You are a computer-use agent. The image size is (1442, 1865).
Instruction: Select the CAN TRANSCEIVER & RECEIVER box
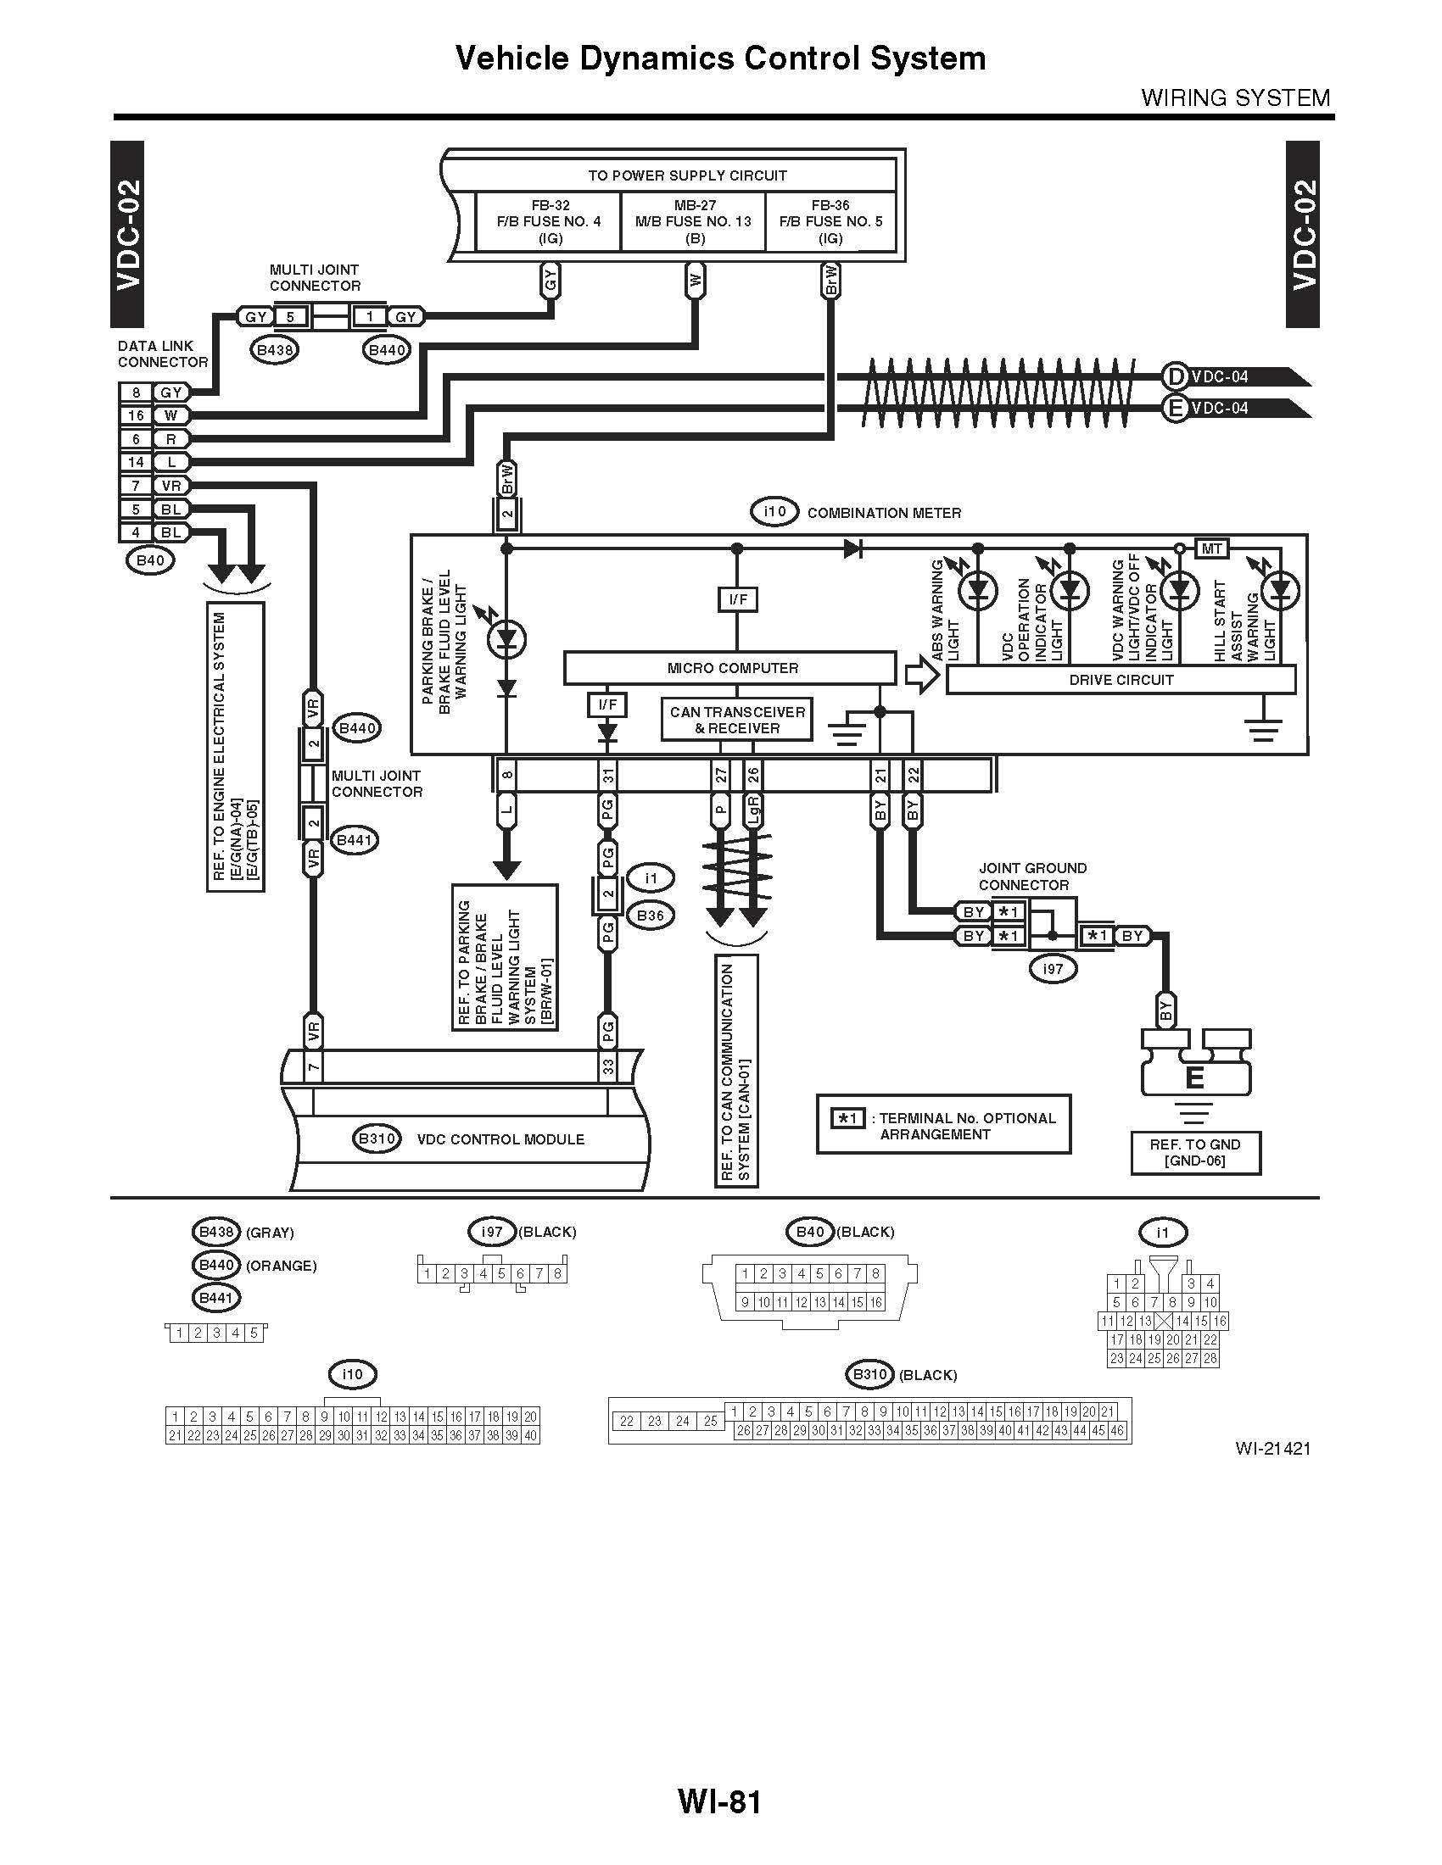click(x=736, y=720)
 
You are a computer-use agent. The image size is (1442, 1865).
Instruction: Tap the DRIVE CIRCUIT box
click(x=1121, y=680)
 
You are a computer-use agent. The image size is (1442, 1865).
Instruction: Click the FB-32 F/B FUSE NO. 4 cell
click(x=549, y=221)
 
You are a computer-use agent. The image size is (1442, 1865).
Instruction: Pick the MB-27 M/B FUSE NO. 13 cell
click(x=694, y=221)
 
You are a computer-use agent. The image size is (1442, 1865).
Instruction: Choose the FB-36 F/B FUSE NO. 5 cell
click(x=830, y=221)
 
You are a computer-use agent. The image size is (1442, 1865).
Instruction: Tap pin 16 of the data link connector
click(x=136, y=415)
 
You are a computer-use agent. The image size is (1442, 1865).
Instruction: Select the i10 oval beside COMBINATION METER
click(x=774, y=511)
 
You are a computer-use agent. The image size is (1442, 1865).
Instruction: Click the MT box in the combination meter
click(x=1211, y=548)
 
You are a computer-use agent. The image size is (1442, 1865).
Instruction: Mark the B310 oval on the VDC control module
click(x=377, y=1138)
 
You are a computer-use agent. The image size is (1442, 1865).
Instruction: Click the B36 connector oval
click(x=650, y=916)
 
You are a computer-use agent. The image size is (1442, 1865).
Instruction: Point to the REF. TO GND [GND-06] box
click(x=1195, y=1153)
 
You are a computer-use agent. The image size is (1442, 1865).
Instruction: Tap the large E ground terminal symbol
click(x=1194, y=1077)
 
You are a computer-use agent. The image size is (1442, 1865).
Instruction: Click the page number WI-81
click(x=719, y=1801)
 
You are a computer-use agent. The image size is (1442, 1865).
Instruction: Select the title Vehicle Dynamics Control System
click(x=720, y=58)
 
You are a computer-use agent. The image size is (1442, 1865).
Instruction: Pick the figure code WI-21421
click(x=1272, y=1447)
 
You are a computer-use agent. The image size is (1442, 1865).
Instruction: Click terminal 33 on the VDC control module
click(x=607, y=1066)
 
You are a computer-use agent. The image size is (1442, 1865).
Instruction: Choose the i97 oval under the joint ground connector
click(x=1053, y=968)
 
